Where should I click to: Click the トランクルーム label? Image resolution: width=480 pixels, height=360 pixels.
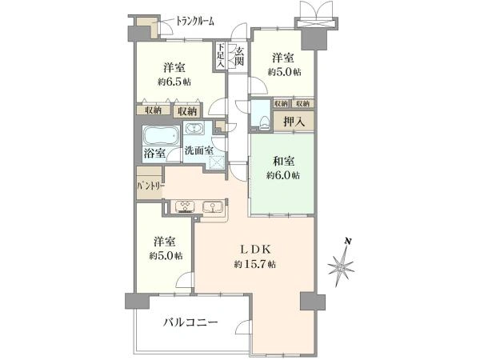[194, 22]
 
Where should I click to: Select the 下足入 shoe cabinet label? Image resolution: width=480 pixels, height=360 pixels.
[221, 55]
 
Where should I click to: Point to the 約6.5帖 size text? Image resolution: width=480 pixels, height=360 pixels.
[174, 82]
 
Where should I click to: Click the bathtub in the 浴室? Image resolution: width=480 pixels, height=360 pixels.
[162, 135]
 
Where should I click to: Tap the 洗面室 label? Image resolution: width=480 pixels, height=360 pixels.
[198, 151]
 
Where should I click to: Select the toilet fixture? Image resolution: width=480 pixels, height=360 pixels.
[264, 122]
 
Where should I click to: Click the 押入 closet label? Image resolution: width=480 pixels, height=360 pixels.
[294, 122]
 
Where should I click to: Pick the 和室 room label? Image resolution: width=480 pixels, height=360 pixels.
[283, 162]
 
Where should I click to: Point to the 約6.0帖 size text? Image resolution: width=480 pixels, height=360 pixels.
[283, 175]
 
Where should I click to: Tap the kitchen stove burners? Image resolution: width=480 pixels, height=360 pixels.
[185, 206]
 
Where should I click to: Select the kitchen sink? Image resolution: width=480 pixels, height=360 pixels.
[213, 207]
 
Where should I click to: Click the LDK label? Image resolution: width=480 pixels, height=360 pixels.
[255, 250]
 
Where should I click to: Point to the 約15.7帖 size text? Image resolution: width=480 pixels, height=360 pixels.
[254, 264]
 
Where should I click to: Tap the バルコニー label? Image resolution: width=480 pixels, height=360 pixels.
[190, 322]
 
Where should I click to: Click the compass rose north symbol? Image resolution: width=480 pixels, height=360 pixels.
[341, 266]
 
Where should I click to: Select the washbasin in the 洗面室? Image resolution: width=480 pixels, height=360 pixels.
[193, 128]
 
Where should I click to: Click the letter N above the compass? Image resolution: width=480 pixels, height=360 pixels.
[347, 241]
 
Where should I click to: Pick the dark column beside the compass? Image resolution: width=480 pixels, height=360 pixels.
[313, 301]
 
